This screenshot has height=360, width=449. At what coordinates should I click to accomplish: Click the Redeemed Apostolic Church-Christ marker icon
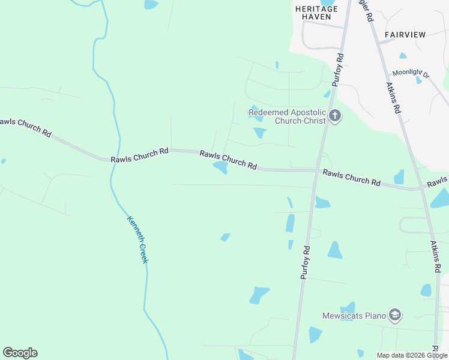[335, 116]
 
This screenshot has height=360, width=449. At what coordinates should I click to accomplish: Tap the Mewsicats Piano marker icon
[394, 314]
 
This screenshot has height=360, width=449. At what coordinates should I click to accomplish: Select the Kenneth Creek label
[137, 239]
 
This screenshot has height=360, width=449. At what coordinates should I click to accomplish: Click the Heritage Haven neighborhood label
[316, 13]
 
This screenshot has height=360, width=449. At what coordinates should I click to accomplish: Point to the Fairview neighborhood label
[405, 35]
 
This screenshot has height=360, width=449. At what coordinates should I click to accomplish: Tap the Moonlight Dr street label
[411, 74]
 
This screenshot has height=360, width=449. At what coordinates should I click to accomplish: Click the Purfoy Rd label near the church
[340, 70]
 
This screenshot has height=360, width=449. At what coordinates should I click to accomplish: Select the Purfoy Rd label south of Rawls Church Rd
[305, 262]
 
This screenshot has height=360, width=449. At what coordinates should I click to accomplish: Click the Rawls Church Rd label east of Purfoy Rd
[351, 177]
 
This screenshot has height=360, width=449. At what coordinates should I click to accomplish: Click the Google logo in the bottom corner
[20, 353]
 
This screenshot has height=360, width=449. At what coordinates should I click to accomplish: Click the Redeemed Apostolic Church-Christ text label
[287, 116]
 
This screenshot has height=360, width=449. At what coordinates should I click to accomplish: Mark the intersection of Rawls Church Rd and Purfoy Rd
[316, 170]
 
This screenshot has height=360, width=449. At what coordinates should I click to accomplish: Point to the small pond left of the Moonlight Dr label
[403, 56]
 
